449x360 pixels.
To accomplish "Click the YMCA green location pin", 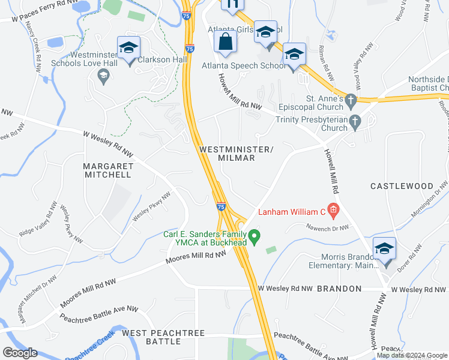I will click(255, 238).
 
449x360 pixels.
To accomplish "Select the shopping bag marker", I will click(225, 43).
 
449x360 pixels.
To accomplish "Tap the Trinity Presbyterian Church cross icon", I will click(355, 122).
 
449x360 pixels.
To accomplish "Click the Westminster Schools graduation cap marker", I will click(128, 49).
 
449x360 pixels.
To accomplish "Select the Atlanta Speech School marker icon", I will click(294, 56).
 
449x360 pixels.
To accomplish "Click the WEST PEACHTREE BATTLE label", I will click(163, 337).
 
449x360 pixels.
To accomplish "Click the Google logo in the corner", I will click(19, 352).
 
